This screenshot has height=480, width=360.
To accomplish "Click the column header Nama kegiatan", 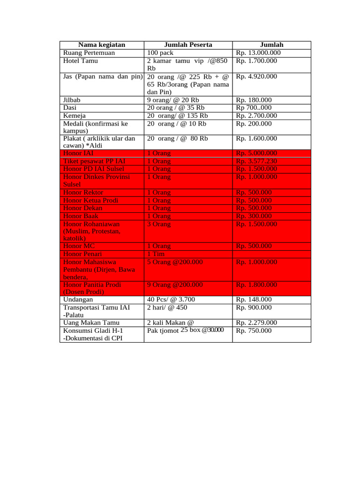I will pyautogui.click(x=101, y=45).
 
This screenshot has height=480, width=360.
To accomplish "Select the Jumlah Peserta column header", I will pyautogui.click(x=188, y=45).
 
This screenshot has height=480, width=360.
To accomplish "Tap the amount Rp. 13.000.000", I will pyautogui.click(x=258, y=53).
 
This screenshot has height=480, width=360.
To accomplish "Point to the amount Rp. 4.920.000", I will pyautogui.click(x=256, y=76).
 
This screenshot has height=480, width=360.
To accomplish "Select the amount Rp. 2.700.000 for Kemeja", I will pyautogui.click(x=256, y=116).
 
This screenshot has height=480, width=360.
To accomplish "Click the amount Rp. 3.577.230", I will pyautogui.click(x=256, y=161).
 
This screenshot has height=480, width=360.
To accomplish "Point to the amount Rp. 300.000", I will pyautogui.click(x=254, y=216).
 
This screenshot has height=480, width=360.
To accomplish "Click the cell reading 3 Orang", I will pyautogui.click(x=159, y=224).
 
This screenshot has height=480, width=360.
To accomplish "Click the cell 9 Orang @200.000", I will pyautogui.click(x=175, y=285).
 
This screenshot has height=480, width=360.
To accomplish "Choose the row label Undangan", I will pyautogui.click(x=78, y=300).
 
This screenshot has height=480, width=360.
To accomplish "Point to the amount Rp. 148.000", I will pyautogui.click(x=254, y=300).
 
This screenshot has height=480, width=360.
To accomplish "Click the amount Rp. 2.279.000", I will pyautogui.click(x=256, y=322).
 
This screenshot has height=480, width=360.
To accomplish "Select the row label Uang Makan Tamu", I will pyautogui.click(x=91, y=322).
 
